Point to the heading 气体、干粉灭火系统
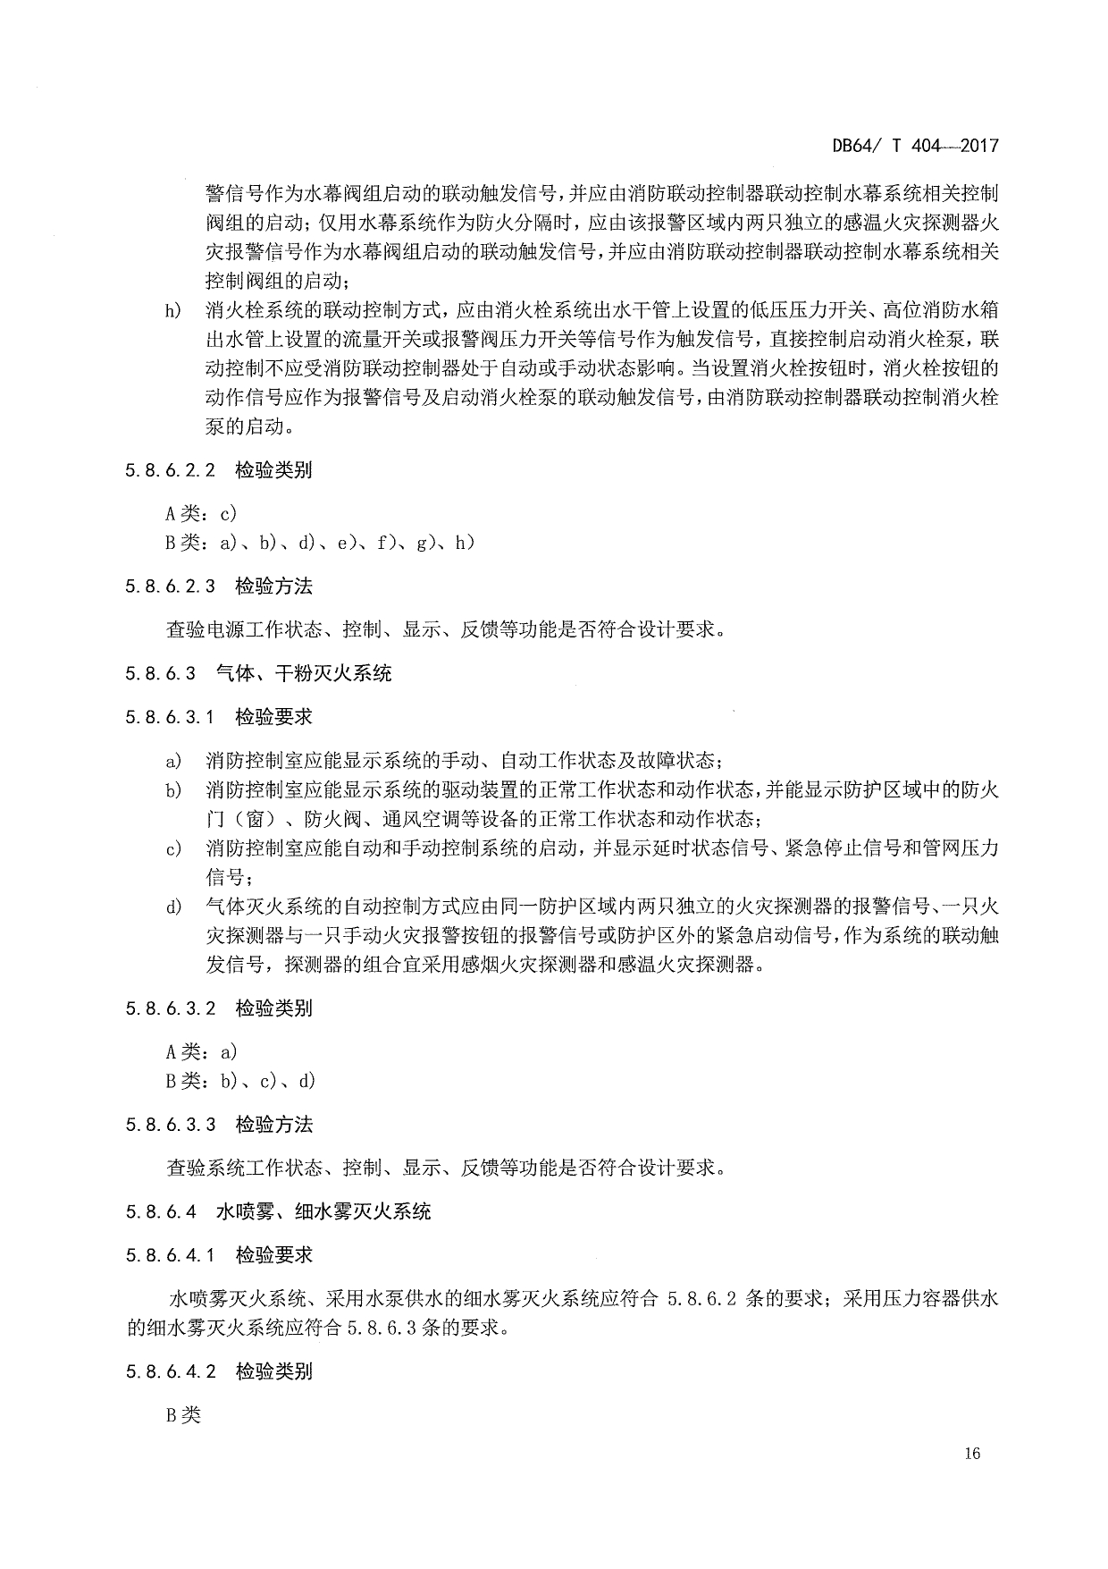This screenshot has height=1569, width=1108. click(x=304, y=673)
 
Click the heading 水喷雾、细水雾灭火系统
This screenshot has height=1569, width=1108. click(x=323, y=1211)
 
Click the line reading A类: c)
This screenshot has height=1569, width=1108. click(x=201, y=513)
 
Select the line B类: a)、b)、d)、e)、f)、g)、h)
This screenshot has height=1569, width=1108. click(x=320, y=542)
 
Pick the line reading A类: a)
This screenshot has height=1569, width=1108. click(x=201, y=1052)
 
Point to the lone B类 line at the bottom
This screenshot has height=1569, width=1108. click(x=184, y=1415)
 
